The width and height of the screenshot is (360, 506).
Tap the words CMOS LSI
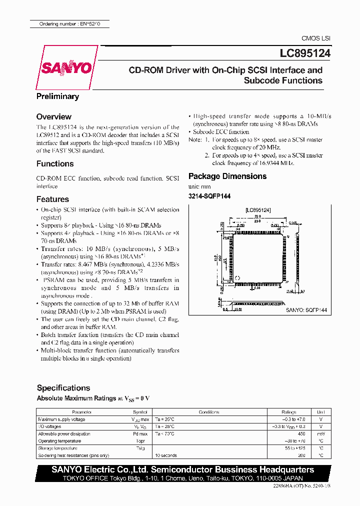tap(315, 38)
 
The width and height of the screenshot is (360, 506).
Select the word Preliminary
tap(57, 96)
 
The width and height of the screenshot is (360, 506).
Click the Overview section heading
tap(54, 116)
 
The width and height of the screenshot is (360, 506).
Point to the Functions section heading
tap(55, 163)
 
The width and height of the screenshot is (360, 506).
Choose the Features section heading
tap(52, 199)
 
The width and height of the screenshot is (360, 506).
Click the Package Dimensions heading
tap(227, 176)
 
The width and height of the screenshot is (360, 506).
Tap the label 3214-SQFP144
tap(209, 196)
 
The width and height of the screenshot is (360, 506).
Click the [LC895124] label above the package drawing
tap(257, 210)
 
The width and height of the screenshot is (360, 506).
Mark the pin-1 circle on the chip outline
tap(237, 278)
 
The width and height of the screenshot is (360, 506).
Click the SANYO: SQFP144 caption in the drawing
tap(306, 310)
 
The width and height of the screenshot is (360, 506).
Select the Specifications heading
tap(63, 387)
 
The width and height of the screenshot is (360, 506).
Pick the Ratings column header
tap(288, 412)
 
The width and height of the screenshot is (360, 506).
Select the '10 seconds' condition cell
tap(166, 455)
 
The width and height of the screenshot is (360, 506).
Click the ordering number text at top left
tap(68, 24)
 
